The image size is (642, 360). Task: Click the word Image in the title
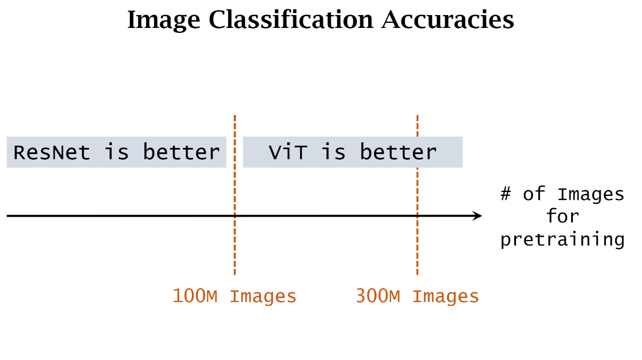[163, 21]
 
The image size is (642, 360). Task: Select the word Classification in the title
[291, 21]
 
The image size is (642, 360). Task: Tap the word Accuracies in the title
[448, 21]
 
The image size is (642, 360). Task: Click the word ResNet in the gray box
[52, 152]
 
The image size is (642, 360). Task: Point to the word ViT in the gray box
[288, 152]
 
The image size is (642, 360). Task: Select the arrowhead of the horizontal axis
[477, 216]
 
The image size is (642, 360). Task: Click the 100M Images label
[234, 296]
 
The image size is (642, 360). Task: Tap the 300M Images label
[417, 296]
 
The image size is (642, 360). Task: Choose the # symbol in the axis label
[506, 194]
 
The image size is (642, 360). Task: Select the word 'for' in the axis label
[563, 217]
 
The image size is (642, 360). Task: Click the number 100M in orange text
[195, 296]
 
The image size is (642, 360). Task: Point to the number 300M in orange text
[378, 296]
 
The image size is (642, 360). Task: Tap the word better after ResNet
[182, 152]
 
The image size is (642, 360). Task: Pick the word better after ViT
[398, 152]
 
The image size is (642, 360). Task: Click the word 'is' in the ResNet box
[117, 152]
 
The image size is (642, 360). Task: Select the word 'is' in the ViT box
[334, 152]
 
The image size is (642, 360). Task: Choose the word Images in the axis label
[591, 194]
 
